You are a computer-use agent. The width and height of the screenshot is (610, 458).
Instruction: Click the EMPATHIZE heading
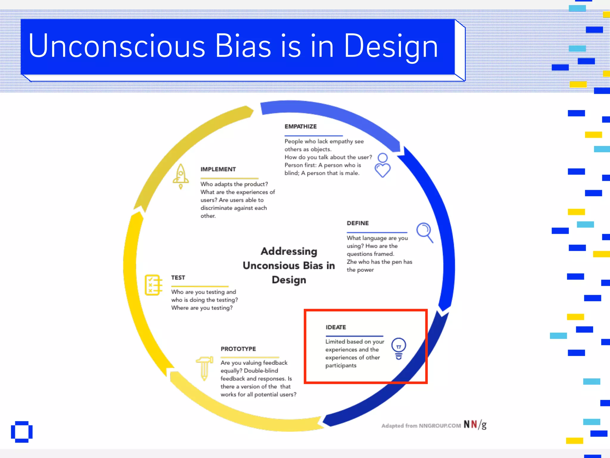[301, 126]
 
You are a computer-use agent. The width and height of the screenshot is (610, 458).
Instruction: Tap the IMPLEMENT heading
[218, 169]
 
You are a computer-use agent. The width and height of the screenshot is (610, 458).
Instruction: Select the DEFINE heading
[358, 223]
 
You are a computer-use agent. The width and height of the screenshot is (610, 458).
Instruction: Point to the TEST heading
[178, 278]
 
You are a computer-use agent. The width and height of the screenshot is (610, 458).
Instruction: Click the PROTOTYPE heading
[238, 349]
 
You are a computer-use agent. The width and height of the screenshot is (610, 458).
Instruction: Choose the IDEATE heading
[336, 327]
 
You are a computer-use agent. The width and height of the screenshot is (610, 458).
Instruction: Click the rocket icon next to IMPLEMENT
[180, 176]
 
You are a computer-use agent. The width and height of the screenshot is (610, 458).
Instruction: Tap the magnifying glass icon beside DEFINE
[425, 232]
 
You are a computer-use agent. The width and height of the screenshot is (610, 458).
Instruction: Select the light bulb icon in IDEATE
[399, 349]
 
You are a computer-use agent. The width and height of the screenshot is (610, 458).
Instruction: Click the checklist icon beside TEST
[153, 285]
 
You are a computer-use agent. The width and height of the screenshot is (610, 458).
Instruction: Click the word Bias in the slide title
[243, 46]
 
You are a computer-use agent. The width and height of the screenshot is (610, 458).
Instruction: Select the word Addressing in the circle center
[289, 251]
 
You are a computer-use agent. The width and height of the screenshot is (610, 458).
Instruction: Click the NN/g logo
[475, 425]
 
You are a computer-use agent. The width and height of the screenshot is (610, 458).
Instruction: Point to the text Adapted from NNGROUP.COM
[421, 426]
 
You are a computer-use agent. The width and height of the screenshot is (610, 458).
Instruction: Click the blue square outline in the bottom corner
[22, 432]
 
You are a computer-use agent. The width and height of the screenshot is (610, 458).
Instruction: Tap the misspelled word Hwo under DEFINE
[371, 246]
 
